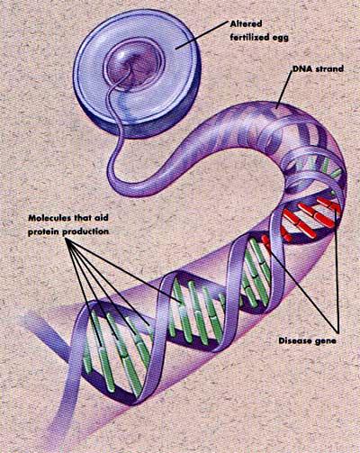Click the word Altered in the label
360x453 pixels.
coord(246,23)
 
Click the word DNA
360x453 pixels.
coord(301,69)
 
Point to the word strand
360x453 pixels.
coord(328,69)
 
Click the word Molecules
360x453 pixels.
coord(49,218)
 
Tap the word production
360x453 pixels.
coord(85,231)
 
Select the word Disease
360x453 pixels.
coord(294,341)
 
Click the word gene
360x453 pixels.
coord(325,341)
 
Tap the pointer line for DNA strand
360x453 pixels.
coord(284,90)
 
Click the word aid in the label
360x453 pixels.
coord(102,218)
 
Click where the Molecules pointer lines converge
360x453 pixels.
coord(67,240)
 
